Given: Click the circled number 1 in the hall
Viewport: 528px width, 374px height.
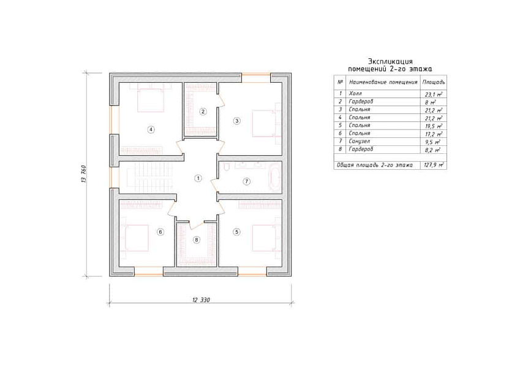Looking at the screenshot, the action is (198, 178).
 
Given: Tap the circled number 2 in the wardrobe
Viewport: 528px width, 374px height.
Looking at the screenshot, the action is (203, 112).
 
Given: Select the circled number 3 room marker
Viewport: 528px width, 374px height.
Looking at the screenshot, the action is (236, 121).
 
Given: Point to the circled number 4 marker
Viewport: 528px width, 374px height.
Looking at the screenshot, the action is (151, 129).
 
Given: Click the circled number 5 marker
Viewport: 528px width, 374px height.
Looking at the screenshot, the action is (236, 232).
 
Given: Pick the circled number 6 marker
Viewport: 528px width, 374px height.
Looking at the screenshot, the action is (160, 232).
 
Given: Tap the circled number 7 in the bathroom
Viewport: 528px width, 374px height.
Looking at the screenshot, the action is (246, 181).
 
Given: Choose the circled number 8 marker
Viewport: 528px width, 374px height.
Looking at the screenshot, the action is (197, 240).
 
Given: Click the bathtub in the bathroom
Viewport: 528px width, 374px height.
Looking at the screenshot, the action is (274, 177).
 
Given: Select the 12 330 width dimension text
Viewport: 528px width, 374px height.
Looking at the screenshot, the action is (201, 300).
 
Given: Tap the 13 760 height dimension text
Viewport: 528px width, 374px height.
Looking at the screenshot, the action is (83, 174).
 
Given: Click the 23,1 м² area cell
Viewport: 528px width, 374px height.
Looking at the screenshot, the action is (434, 94).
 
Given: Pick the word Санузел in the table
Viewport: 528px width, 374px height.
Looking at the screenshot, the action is (359, 141).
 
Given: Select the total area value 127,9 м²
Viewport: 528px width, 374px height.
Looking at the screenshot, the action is (434, 166).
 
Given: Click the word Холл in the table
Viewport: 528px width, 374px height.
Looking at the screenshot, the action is (355, 93).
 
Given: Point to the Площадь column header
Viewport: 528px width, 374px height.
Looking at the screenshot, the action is (434, 82).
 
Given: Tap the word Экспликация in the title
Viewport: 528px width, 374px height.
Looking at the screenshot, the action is (390, 61).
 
